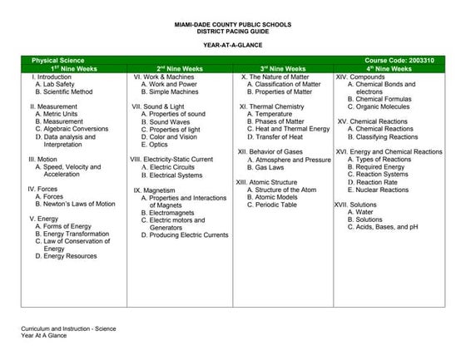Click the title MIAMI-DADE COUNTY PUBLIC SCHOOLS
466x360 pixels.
[233, 25]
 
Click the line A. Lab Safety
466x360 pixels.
[55, 84]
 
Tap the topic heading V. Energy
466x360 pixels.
[43, 219]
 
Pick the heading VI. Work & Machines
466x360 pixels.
[164, 76]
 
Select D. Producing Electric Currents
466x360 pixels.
[184, 234]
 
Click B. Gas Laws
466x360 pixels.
[270, 166]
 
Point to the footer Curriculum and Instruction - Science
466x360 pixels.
[68, 330]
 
